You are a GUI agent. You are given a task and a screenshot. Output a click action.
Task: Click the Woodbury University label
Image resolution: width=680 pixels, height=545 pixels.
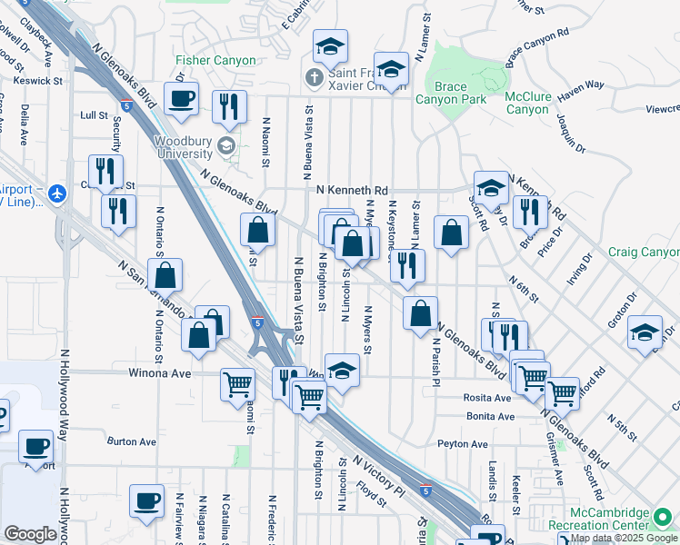pos(182,147)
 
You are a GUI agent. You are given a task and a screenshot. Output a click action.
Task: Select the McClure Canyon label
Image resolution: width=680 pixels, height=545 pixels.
pos(527,103)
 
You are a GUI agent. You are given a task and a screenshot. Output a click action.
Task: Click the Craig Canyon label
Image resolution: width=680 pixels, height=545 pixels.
pos(642,252)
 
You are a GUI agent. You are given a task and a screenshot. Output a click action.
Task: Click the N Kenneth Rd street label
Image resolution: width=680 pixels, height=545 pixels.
pos(353,189)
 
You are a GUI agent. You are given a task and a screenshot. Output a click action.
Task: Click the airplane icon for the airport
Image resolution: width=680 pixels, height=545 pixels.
pos(58,193)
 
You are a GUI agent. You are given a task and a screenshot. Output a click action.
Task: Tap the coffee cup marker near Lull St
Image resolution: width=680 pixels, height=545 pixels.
pos(181,99)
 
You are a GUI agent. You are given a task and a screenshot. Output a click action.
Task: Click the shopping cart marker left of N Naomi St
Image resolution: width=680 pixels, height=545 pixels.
pos(238,383)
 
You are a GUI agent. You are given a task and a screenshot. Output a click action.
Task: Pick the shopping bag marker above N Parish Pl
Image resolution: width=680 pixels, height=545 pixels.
pos(420,315)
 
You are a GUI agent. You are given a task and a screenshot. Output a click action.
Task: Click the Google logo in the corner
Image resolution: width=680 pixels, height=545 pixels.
pos(30,534)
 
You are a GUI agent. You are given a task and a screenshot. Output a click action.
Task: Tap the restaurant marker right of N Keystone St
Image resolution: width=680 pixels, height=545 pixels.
pos(407,265)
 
